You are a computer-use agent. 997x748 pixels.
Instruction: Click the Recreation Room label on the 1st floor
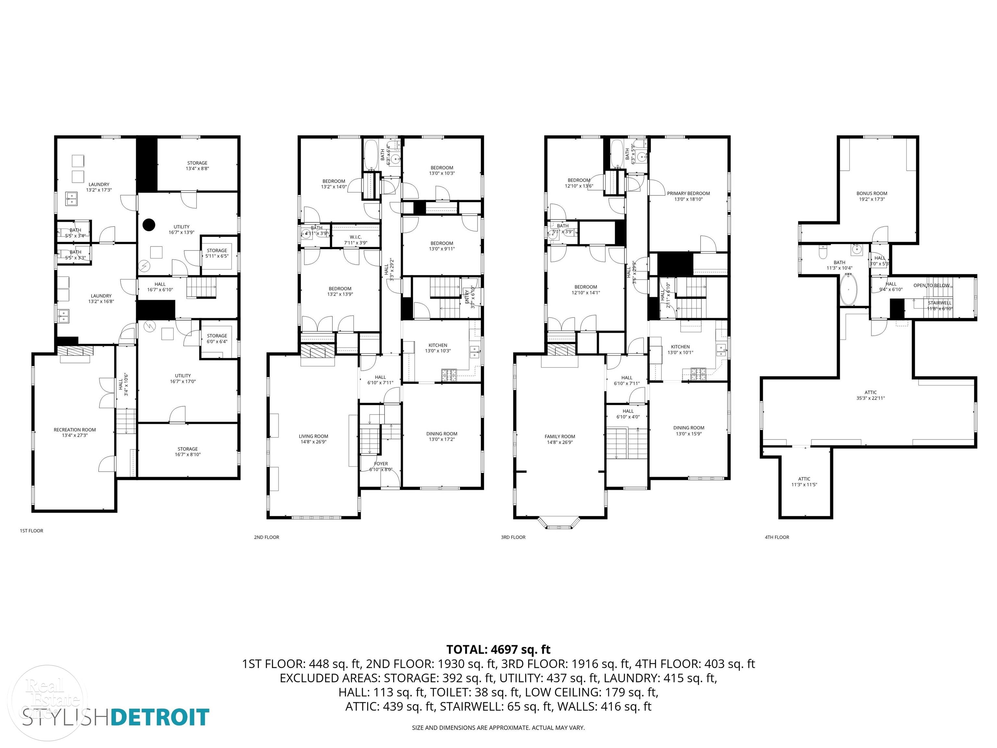click(x=75, y=430)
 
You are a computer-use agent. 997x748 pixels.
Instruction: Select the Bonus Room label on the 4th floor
click(x=871, y=193)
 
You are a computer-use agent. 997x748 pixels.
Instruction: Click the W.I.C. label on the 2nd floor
click(x=356, y=237)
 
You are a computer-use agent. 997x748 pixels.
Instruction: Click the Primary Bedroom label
click(x=688, y=193)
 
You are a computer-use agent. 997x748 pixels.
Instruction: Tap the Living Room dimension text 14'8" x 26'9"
click(x=313, y=442)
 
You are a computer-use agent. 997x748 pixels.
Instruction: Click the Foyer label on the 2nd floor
click(x=381, y=464)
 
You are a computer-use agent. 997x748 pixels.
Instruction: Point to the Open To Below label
click(x=931, y=285)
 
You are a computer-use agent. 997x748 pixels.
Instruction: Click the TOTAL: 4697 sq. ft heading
click(x=498, y=650)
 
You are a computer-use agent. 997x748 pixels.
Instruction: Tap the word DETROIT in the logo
click(x=160, y=717)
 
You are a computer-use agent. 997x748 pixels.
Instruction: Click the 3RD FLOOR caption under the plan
click(x=513, y=537)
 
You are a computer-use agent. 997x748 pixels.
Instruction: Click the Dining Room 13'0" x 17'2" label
click(x=441, y=434)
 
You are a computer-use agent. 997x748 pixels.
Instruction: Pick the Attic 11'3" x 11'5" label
click(x=804, y=479)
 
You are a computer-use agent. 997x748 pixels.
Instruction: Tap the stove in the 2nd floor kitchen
click(x=449, y=373)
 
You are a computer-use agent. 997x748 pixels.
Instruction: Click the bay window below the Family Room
click(x=560, y=523)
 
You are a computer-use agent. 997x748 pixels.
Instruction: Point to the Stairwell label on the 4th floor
click(x=940, y=303)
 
